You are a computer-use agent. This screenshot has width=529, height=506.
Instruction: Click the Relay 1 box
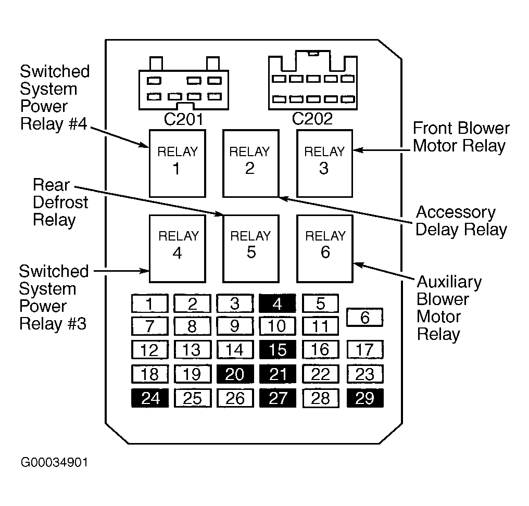pos(177,162)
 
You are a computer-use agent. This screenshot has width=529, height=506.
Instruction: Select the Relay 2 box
pos(250,162)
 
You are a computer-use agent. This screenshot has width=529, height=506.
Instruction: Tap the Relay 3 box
pos(324,162)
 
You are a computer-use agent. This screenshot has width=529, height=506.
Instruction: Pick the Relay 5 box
pos(250,247)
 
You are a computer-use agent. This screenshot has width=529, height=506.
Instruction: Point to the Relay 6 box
pos(324,247)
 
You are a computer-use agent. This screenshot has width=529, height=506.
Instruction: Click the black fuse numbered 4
pos(277,303)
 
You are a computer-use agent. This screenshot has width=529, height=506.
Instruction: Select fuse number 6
pos(364,317)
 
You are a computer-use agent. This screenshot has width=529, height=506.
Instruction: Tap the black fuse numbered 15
pos(277,350)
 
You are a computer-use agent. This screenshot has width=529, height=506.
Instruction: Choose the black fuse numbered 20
pos(235,374)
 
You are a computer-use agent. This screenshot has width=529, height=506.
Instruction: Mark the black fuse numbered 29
pos(364,398)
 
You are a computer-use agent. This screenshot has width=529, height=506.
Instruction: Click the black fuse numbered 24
pos(150,398)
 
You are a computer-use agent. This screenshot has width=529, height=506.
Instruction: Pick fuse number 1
pos(150,303)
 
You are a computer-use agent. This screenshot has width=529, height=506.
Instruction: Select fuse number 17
pos(364,350)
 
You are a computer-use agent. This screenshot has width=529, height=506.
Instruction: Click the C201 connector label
pos(183,119)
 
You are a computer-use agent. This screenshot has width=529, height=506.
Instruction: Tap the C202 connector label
pos(311,119)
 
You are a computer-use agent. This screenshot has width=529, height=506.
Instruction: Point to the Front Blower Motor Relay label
pos(461,137)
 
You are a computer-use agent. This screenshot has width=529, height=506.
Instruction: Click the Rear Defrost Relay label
pos(60,203)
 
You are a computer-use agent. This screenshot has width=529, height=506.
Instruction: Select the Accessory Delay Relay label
pos(461,221)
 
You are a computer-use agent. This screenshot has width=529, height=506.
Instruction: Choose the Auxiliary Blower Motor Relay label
pos(449,308)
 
